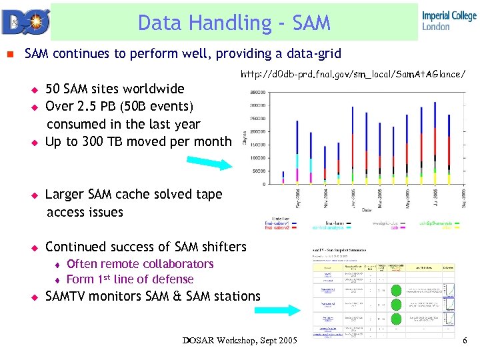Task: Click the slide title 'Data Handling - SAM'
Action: pyautogui.click(x=234, y=23)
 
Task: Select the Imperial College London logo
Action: pyautogui.click(x=449, y=21)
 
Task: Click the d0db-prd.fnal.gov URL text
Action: pyautogui.click(x=353, y=73)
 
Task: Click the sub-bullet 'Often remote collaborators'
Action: pyautogui.click(x=140, y=265)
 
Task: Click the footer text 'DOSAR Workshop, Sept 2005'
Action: pyautogui.click(x=239, y=341)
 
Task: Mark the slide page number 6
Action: pyautogui.click(x=465, y=341)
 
